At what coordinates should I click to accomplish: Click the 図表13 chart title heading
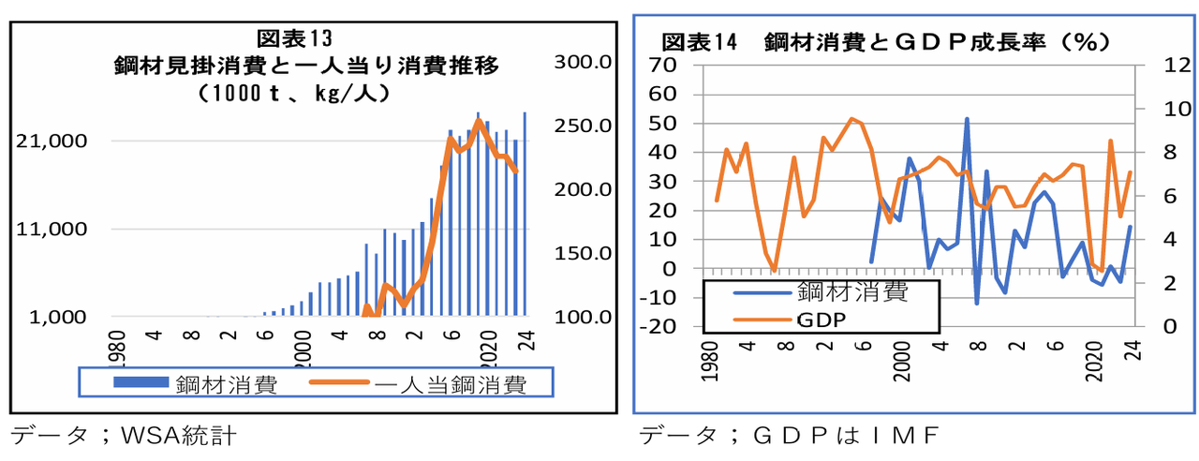(294, 38)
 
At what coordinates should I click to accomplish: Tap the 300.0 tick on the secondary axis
(583, 62)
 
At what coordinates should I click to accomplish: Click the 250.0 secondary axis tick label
(583, 126)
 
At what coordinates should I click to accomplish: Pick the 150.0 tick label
(583, 253)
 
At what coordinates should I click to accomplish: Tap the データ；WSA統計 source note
(122, 436)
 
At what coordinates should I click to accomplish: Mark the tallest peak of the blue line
(967, 119)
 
